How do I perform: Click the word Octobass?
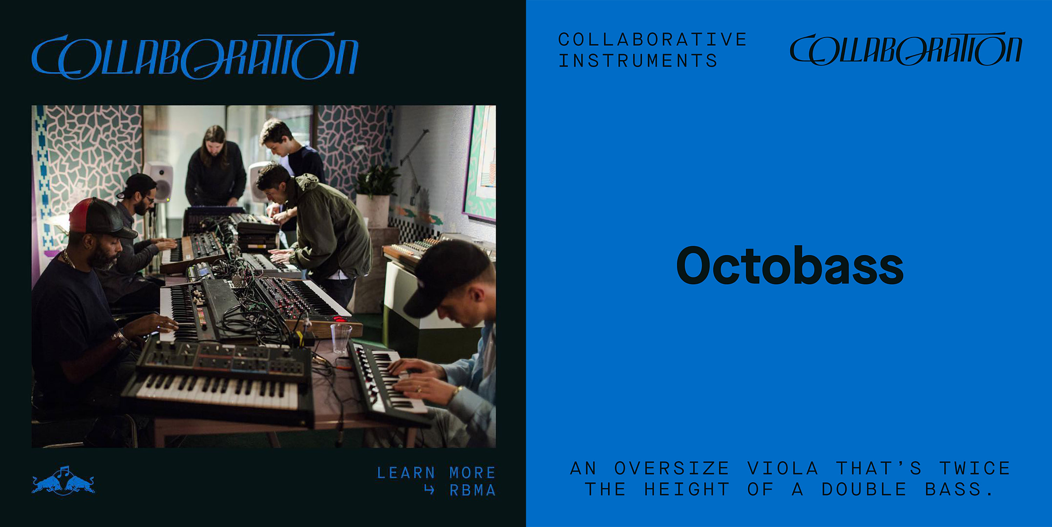tap(789, 265)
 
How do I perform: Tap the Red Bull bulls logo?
tap(63, 481)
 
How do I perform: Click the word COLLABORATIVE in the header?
tap(652, 40)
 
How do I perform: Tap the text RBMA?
tap(472, 490)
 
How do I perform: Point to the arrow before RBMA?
tap(429, 490)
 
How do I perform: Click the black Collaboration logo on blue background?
tap(906, 49)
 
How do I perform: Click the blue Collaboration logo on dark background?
tap(195, 55)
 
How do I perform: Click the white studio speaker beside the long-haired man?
tap(160, 182)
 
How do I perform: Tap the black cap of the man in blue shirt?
tap(447, 276)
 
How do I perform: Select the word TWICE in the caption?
tap(975, 468)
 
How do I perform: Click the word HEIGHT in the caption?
tap(687, 489)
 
